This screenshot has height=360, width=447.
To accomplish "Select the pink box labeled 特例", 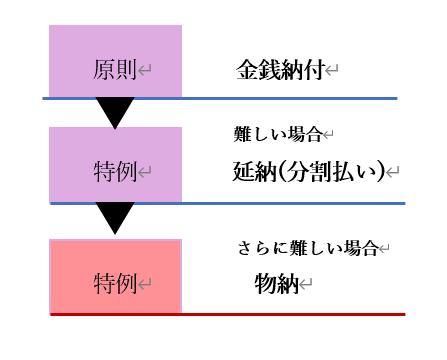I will [115, 276].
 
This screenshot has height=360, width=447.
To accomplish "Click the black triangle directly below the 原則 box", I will [115, 112].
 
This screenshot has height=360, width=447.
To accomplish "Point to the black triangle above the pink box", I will [115, 217].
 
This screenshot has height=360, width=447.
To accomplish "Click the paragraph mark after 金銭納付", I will [332, 70].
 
